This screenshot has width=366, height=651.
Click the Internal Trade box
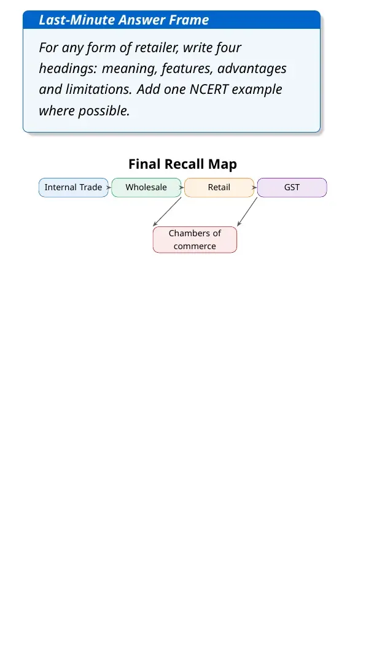click(74, 187)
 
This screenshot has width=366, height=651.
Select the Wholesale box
click(146, 187)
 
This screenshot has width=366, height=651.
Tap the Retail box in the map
click(219, 187)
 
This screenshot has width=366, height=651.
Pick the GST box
click(292, 187)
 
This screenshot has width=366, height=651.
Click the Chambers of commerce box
click(195, 239)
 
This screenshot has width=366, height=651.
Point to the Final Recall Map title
click(183, 164)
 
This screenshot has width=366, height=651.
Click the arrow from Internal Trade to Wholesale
click(110, 187)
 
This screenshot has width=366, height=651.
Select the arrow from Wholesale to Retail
click(183, 187)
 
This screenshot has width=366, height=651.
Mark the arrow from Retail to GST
click(255, 187)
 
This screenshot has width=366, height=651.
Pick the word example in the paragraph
click(257, 90)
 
